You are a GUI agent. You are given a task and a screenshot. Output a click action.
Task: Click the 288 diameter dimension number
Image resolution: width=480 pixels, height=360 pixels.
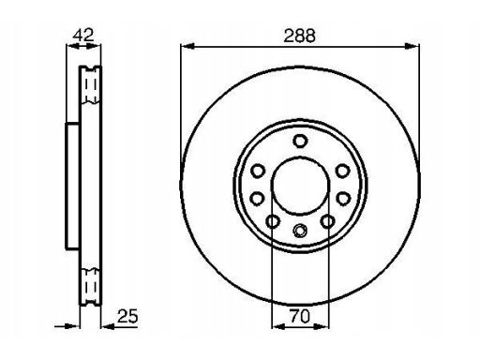point(299,36)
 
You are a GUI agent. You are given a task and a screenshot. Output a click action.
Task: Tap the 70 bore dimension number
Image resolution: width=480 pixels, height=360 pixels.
point(300,316)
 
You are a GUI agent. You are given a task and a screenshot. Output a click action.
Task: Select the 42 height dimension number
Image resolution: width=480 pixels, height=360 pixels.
point(82,35)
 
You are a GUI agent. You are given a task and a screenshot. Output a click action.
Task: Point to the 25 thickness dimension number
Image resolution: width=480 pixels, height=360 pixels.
point(127,316)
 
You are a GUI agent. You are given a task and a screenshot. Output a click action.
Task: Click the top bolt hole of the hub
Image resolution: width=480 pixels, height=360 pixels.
point(300,141)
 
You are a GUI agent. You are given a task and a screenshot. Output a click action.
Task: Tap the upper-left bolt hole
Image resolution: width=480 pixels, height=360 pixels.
point(258,171)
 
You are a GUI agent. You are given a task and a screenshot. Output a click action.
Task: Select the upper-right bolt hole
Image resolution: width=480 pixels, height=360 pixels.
point(342,171)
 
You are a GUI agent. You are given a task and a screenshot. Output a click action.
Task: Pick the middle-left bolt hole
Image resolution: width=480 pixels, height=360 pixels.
point(258,199)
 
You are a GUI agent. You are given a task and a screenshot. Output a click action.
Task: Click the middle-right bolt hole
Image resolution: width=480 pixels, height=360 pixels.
point(343,199)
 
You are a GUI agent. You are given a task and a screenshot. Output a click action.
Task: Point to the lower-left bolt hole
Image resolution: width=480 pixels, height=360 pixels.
point(273,221)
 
